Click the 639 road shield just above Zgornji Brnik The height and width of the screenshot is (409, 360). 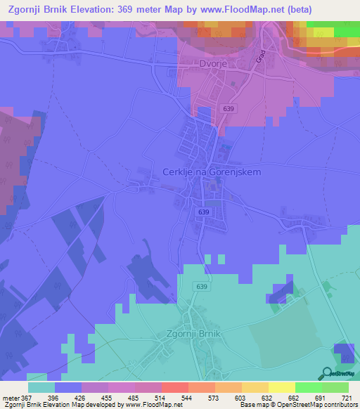point(202,287)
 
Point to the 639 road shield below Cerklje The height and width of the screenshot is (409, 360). point(204,212)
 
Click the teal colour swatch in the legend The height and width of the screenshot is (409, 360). point(41,387)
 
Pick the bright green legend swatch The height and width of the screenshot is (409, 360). point(309,387)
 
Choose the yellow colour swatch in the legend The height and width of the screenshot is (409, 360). point(281,387)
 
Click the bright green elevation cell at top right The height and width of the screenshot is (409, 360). point(346,32)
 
